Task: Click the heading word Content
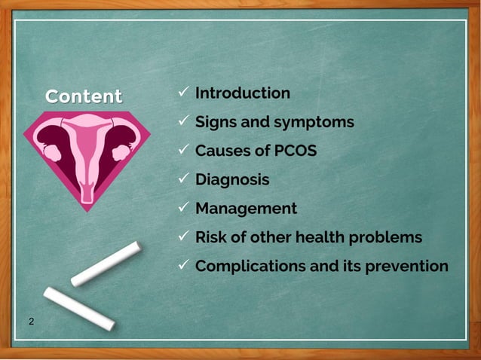point(83,96)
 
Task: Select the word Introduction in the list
point(242,93)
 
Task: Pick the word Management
point(246,209)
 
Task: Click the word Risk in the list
point(211,237)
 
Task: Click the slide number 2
point(31,322)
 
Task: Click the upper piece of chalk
point(106,264)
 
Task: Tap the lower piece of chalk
point(78,307)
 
